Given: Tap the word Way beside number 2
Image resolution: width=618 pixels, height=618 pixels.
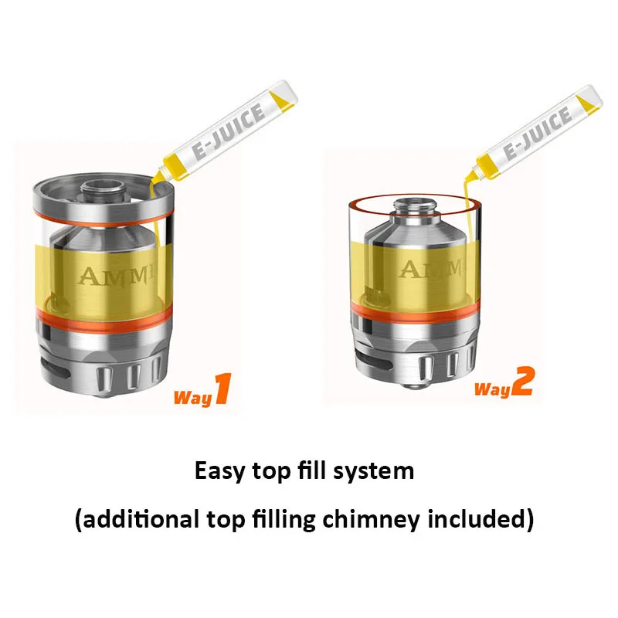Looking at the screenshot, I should (x=491, y=389).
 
